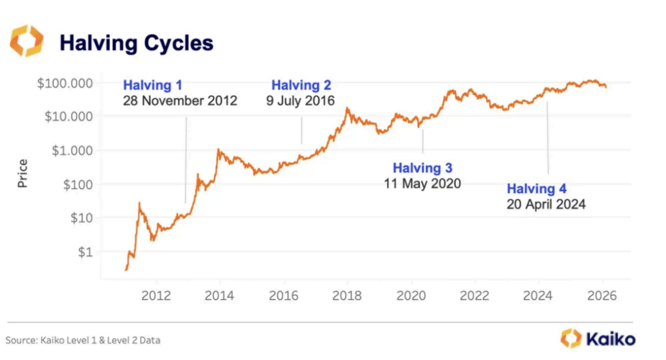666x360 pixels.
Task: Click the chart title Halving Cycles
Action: pyautogui.click(x=137, y=43)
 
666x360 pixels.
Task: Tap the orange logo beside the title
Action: pyautogui.click(x=27, y=41)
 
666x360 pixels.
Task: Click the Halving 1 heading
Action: pyautogui.click(x=152, y=85)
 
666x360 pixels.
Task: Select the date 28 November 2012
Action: pyautogui.click(x=180, y=100)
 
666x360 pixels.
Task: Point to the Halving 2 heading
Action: pyautogui.click(x=301, y=85)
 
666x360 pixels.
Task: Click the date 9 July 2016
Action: pyautogui.click(x=300, y=100)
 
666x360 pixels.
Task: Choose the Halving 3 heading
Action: pyautogui.click(x=422, y=168)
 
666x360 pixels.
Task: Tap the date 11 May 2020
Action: pyautogui.click(x=422, y=184)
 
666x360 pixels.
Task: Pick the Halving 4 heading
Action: pyautogui.click(x=537, y=189)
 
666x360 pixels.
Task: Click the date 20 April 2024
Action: pyautogui.click(x=546, y=204)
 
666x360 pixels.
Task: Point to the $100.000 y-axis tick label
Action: pyautogui.click(x=65, y=83)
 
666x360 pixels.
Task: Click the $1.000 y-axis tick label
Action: pyautogui.click(x=72, y=151)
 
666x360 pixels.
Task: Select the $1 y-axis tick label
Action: pyautogui.click(x=85, y=252)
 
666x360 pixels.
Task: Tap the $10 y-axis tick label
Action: pyautogui.click(x=82, y=218)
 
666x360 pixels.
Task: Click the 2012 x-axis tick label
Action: pyautogui.click(x=156, y=295)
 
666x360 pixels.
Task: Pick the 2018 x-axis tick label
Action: pyautogui.click(x=347, y=295)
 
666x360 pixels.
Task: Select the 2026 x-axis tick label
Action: pyautogui.click(x=602, y=295)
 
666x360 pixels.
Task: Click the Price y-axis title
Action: pyautogui.click(x=22, y=173)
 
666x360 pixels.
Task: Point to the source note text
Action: pyautogui.click(x=83, y=340)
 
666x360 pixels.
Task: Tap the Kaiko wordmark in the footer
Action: pyautogui.click(x=611, y=339)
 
